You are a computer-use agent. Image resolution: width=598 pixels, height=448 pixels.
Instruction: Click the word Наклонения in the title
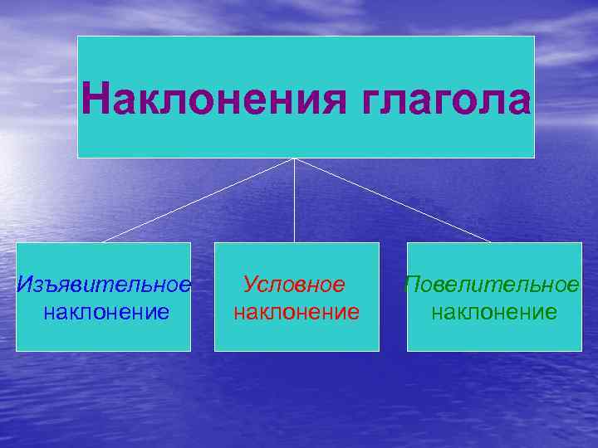click(213, 101)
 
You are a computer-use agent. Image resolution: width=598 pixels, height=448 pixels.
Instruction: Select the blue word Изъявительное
click(104, 285)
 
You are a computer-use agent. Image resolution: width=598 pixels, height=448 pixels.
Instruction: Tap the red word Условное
click(294, 285)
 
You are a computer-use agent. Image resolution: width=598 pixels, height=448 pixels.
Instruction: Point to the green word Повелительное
click(492, 285)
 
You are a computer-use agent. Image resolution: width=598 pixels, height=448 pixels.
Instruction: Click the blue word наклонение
click(105, 312)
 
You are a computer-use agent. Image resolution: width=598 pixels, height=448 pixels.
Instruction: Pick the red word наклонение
click(297, 312)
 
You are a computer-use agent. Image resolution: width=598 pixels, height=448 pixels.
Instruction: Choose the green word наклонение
click(494, 312)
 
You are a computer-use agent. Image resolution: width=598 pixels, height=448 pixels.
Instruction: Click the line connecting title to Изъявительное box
click(199, 200)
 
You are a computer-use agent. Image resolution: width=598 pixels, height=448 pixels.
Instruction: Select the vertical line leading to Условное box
click(295, 203)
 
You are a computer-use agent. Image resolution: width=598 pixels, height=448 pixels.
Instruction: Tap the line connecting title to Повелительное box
click(392, 200)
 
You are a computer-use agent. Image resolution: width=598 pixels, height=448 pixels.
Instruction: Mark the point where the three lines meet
click(295, 158)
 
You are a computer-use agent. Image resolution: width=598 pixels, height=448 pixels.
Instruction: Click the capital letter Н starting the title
click(96, 101)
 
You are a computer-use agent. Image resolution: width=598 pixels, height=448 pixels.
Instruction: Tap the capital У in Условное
click(250, 285)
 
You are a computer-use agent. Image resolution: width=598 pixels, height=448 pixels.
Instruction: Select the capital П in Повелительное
click(413, 285)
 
